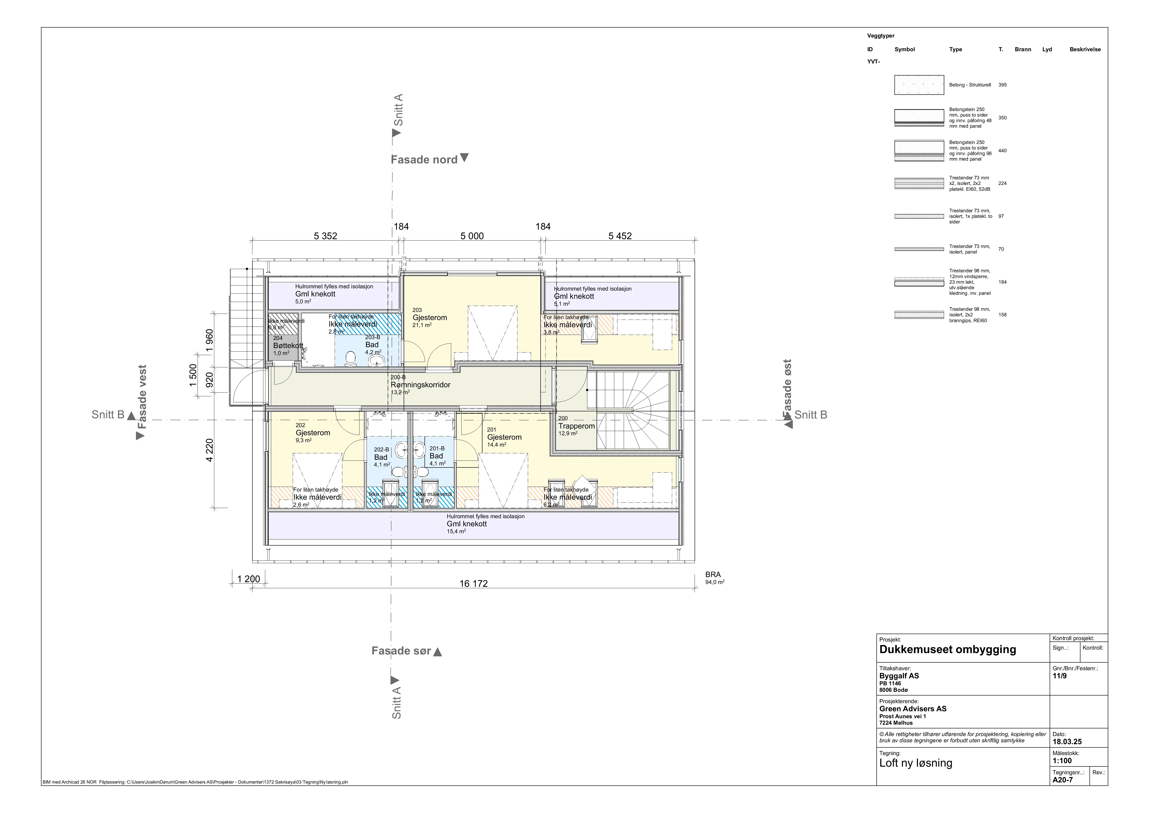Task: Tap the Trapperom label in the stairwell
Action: click(x=576, y=426)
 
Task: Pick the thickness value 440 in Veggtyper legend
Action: click(x=1002, y=151)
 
